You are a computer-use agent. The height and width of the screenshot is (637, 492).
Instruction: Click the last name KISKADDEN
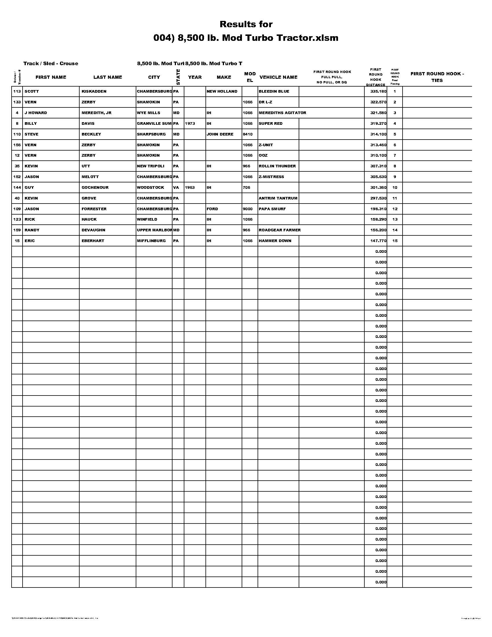coord(94,91)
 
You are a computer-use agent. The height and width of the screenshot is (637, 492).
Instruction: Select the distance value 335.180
coord(378,91)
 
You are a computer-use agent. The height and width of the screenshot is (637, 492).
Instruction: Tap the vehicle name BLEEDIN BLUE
coord(274,91)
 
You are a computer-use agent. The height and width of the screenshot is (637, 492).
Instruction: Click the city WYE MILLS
coord(148,113)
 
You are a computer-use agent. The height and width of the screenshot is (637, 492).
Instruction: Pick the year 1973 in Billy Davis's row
coord(190,123)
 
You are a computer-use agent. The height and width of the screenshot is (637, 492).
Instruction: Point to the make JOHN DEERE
coord(220,134)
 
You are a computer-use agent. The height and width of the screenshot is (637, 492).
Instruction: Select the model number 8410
coord(247,134)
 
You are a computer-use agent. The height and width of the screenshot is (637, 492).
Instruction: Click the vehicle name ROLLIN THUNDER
coord(277,166)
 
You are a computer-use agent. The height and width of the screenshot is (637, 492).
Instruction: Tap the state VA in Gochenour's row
coord(176,188)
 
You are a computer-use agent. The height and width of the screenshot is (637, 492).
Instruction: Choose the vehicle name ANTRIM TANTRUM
coord(278,198)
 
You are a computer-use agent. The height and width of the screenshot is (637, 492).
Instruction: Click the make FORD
coord(212,209)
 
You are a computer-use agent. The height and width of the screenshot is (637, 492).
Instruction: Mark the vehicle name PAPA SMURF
coord(272,209)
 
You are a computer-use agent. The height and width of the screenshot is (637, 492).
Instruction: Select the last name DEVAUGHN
coord(93,230)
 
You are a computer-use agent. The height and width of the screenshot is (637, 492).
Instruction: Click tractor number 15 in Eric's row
coord(17,241)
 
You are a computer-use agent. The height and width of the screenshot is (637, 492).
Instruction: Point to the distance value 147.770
coord(378,241)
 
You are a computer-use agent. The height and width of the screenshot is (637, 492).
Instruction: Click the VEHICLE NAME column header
coord(278,77)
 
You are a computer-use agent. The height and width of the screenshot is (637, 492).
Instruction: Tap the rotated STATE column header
coord(178,77)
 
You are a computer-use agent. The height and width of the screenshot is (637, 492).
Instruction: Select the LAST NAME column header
coord(108,77)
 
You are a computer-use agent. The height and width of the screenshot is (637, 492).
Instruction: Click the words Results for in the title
coord(246,24)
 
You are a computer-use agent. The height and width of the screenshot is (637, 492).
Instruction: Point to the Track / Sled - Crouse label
coord(51,64)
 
